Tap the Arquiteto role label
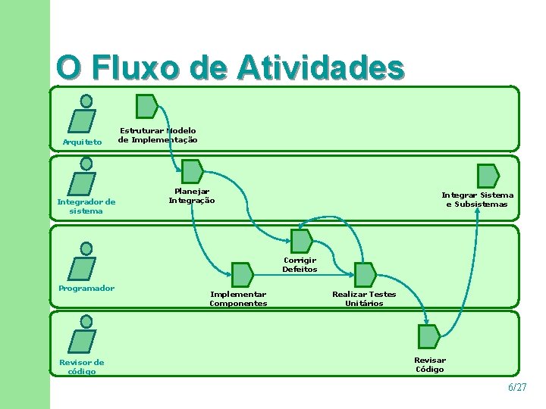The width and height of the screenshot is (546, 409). [82, 142]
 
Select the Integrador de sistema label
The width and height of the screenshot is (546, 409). [86, 206]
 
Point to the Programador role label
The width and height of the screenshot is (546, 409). [86, 288]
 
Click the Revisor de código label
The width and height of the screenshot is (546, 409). [82, 367]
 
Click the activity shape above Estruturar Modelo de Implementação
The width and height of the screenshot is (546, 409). [146, 106]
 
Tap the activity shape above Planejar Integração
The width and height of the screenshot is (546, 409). [192, 171]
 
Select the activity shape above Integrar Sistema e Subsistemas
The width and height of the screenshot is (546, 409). [488, 176]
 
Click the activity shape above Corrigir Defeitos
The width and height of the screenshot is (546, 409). [302, 241]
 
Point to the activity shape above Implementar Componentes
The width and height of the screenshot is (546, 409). [242, 274]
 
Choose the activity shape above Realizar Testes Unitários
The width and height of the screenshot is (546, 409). [365, 274]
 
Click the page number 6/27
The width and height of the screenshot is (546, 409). [516, 387]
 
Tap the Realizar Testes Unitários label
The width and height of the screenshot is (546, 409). [364, 298]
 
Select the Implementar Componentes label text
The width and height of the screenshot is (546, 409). [238, 298]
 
